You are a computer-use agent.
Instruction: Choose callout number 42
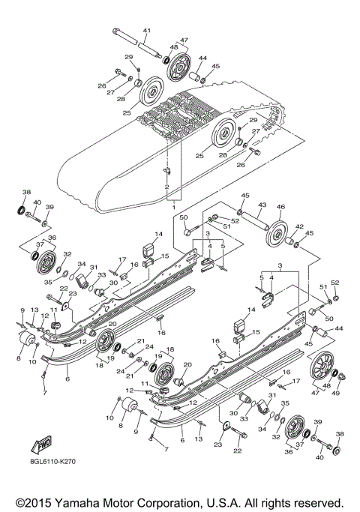click(x=298, y=226)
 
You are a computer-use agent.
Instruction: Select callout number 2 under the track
click(x=166, y=186)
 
